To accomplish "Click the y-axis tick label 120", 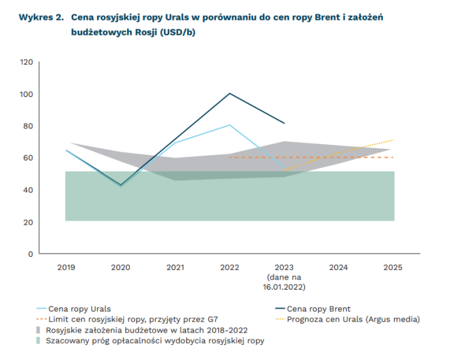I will (27, 62).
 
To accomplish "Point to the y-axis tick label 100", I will (27, 94).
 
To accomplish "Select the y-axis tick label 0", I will (30, 254).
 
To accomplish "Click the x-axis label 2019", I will (66, 267).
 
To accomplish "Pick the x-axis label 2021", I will (175, 267).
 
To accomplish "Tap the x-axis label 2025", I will (393, 267).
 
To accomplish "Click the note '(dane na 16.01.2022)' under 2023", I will (284, 283).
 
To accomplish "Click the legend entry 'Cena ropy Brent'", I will (319, 309).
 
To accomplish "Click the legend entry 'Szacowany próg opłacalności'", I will (155, 340).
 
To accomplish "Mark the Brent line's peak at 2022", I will (230, 93).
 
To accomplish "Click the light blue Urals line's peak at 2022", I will (230, 125).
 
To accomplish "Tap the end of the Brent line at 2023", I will (284, 124).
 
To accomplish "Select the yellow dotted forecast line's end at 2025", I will (393, 140).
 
